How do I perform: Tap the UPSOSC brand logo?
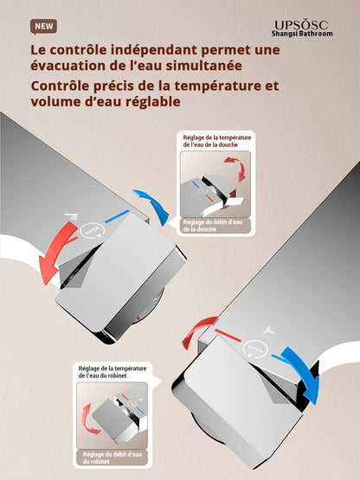click(300, 26)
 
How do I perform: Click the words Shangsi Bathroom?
click(300, 35)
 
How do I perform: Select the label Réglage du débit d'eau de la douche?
click(213, 225)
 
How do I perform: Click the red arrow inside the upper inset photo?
click(240, 170)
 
